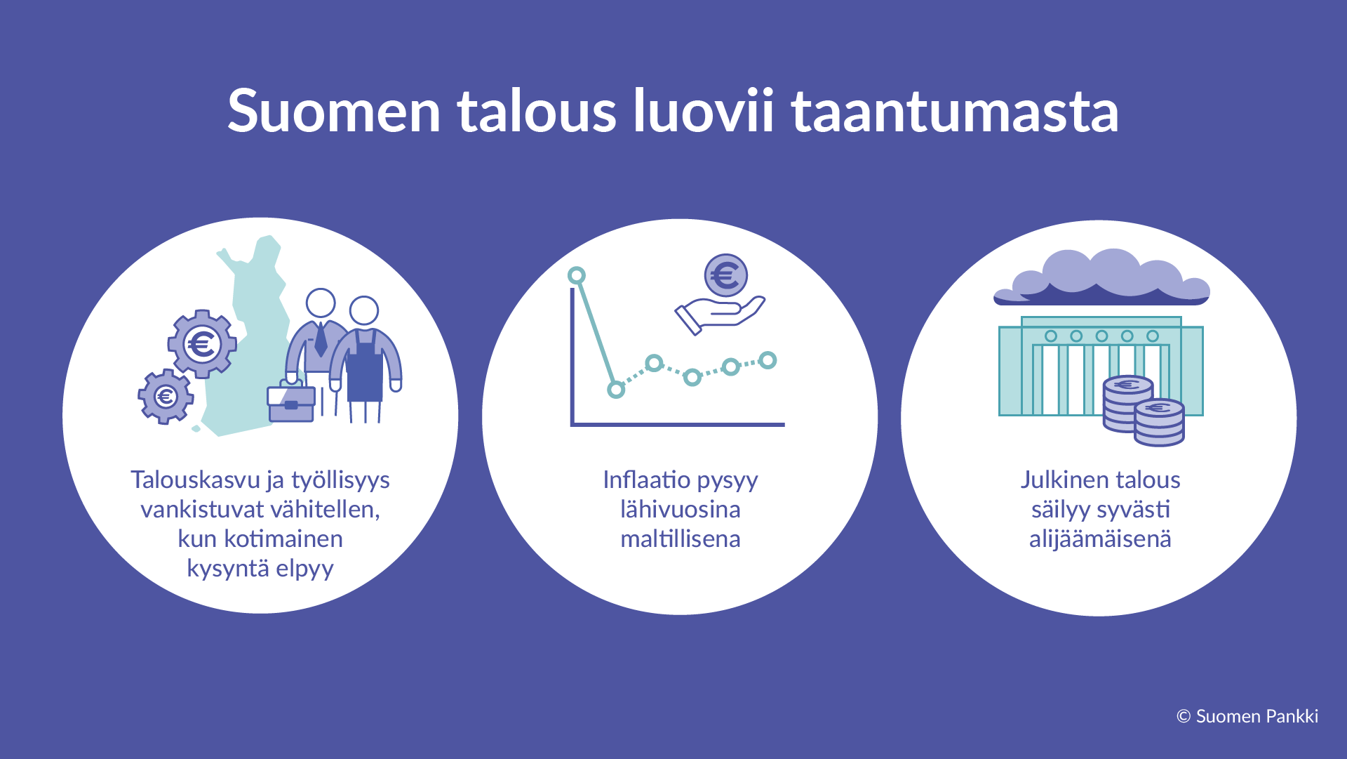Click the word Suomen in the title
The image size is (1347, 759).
pyautogui.click(x=334, y=111)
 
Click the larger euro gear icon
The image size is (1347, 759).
pyautogui.click(x=202, y=344)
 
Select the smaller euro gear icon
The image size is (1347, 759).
pyautogui.click(x=166, y=397)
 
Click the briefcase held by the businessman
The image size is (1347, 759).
pyautogui.click(x=291, y=404)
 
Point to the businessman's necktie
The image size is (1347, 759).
pyautogui.click(x=321, y=340)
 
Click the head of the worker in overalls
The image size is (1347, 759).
pyautogui.click(x=364, y=310)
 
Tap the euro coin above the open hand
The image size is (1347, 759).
pyautogui.click(x=725, y=275)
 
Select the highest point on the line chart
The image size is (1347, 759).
pyautogui.click(x=577, y=275)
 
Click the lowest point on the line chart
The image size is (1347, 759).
pyautogui.click(x=616, y=389)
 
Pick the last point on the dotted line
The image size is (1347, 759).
pyautogui.click(x=768, y=360)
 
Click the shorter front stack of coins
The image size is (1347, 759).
pyautogui.click(x=1159, y=423)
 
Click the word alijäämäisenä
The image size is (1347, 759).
pyautogui.click(x=1100, y=539)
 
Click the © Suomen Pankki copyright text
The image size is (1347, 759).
pyautogui.click(x=1247, y=716)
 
